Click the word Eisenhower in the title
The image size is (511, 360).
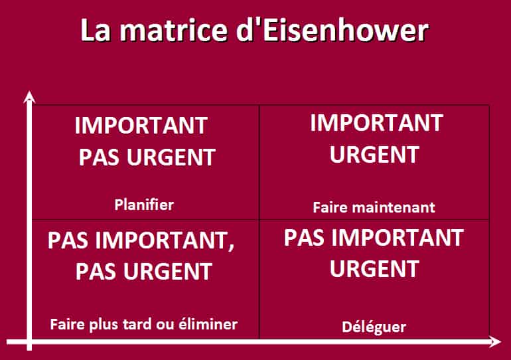click(346, 31)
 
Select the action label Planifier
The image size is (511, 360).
click(144, 205)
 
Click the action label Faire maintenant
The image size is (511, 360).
click(374, 207)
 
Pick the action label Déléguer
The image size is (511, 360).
click(374, 327)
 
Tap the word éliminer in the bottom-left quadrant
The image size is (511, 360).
click(208, 324)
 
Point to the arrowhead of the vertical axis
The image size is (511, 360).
click(29, 97)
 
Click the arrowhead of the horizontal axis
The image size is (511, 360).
click(495, 342)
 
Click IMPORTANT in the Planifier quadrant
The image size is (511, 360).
click(141, 126)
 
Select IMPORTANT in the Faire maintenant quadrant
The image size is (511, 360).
click(376, 123)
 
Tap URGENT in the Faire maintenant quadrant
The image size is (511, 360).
click(374, 155)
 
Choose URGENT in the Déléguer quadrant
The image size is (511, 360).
click(374, 269)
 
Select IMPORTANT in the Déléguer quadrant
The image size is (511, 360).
click(398, 238)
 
